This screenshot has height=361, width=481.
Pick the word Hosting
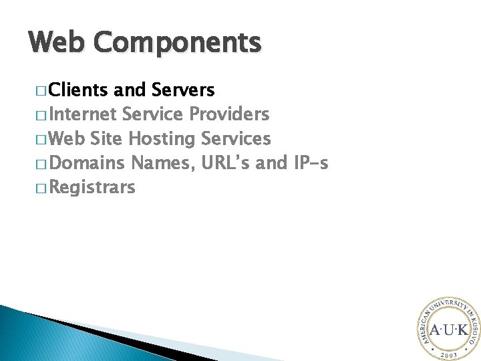pos(162,139)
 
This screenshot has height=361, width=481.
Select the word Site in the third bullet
pos(106,139)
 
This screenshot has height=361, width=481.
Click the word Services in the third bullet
pos(236,139)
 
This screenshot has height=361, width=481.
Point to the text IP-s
pos(311,163)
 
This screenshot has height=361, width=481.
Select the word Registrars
pos(92,187)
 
